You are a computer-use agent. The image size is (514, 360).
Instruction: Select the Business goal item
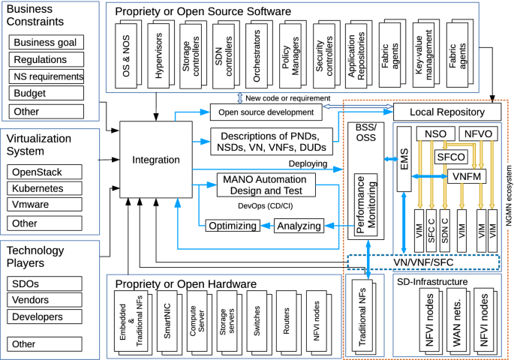(x=47, y=42)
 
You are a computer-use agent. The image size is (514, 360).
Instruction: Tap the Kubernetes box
(x=47, y=188)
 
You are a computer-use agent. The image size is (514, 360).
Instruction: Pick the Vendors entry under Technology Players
(x=47, y=300)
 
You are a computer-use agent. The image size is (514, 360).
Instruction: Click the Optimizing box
(x=233, y=226)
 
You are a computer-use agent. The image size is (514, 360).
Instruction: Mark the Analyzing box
(x=298, y=226)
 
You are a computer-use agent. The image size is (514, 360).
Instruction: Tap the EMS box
(x=404, y=161)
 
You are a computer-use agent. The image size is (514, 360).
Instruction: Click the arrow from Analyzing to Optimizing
(x=266, y=226)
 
